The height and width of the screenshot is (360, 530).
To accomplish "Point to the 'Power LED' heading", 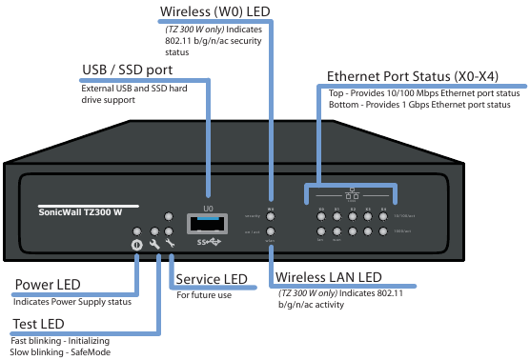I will pos(49,285).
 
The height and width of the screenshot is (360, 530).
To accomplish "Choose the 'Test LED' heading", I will pos(37,324).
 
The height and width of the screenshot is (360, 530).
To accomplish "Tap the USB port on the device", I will pos(209,224).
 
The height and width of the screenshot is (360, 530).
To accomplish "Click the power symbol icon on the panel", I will pos(137,244).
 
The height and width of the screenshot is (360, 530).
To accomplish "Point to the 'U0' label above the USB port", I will pos(209,207).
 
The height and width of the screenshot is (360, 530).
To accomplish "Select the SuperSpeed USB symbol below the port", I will pos(209,242).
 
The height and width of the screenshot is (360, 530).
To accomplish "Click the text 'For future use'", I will pos(204,295).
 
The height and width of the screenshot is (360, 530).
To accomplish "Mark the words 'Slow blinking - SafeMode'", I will pos(59,351).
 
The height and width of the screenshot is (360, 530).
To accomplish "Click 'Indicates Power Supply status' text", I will pos(72,302).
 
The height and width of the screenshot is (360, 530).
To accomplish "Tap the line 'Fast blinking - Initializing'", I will pos(61,340).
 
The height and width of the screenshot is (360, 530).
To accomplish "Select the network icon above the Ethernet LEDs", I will pos(353,194).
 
